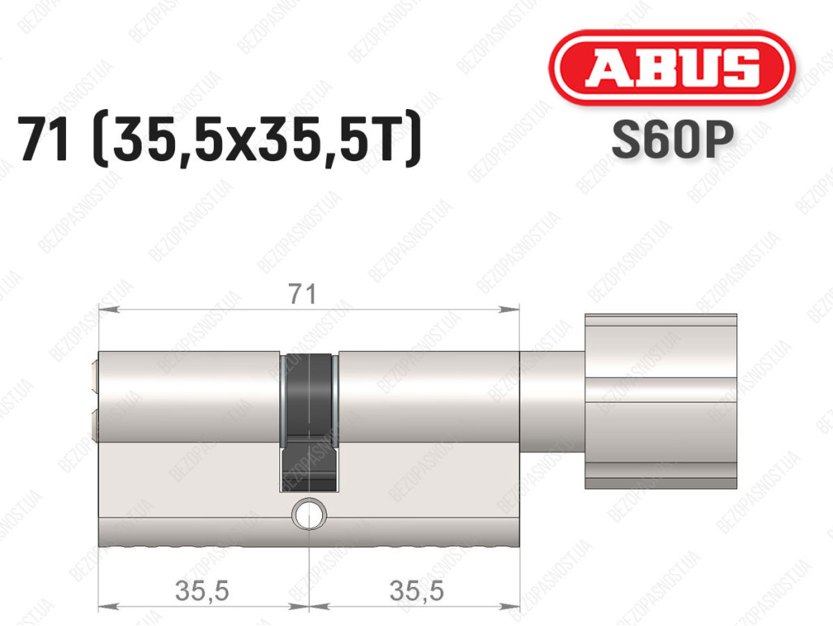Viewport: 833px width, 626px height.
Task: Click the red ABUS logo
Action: pos(671,68)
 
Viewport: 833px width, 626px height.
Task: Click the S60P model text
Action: pos(672,139)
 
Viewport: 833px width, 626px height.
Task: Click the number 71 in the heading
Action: pos(44,140)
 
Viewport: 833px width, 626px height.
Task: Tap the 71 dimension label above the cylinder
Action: pos(303,293)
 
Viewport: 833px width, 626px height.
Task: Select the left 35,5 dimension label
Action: pos(202,590)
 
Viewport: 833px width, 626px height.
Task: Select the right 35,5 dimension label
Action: pos(416,590)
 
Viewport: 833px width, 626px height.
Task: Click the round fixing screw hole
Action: pos(308,514)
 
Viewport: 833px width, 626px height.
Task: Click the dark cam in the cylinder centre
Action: pos(308,421)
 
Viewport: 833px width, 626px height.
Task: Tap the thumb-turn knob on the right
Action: pos(661,401)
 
